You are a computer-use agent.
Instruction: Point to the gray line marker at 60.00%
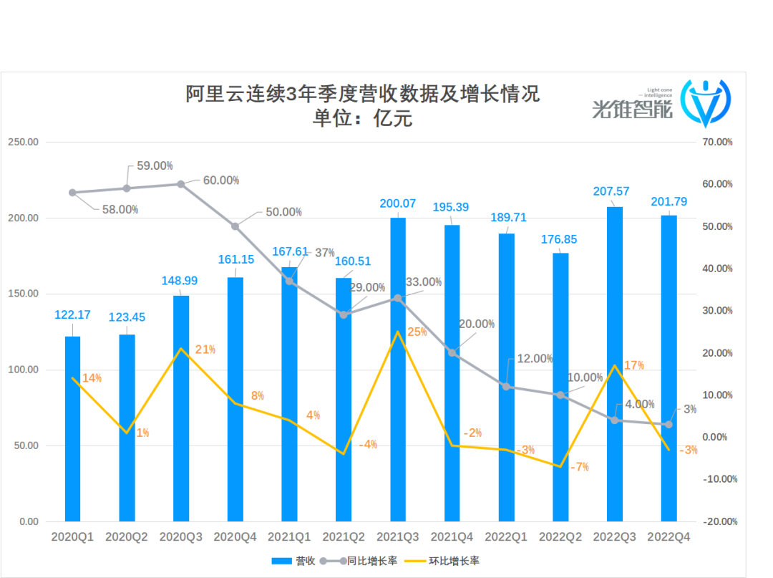point(181,184)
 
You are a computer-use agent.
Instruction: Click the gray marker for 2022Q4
point(669,424)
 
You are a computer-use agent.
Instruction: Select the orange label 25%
point(417,332)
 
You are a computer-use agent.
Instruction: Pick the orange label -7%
point(579,467)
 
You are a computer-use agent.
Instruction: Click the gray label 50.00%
point(283,212)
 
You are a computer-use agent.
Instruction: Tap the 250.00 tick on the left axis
point(23,143)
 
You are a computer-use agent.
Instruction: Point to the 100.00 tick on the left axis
point(23,370)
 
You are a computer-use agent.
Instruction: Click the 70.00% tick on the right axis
point(718,143)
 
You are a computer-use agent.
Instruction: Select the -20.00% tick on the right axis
point(719,521)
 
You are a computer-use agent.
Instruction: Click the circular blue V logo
point(705,103)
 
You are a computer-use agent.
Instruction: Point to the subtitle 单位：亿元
point(362,118)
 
